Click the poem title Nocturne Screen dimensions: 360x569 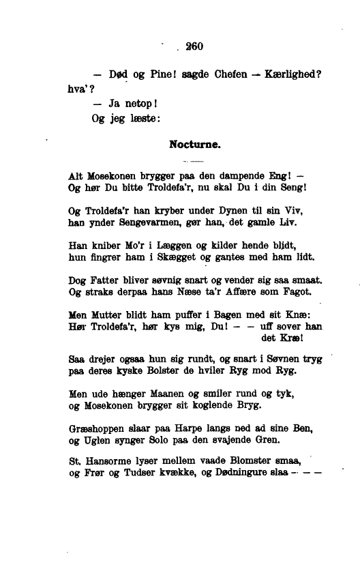pos(194,144)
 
